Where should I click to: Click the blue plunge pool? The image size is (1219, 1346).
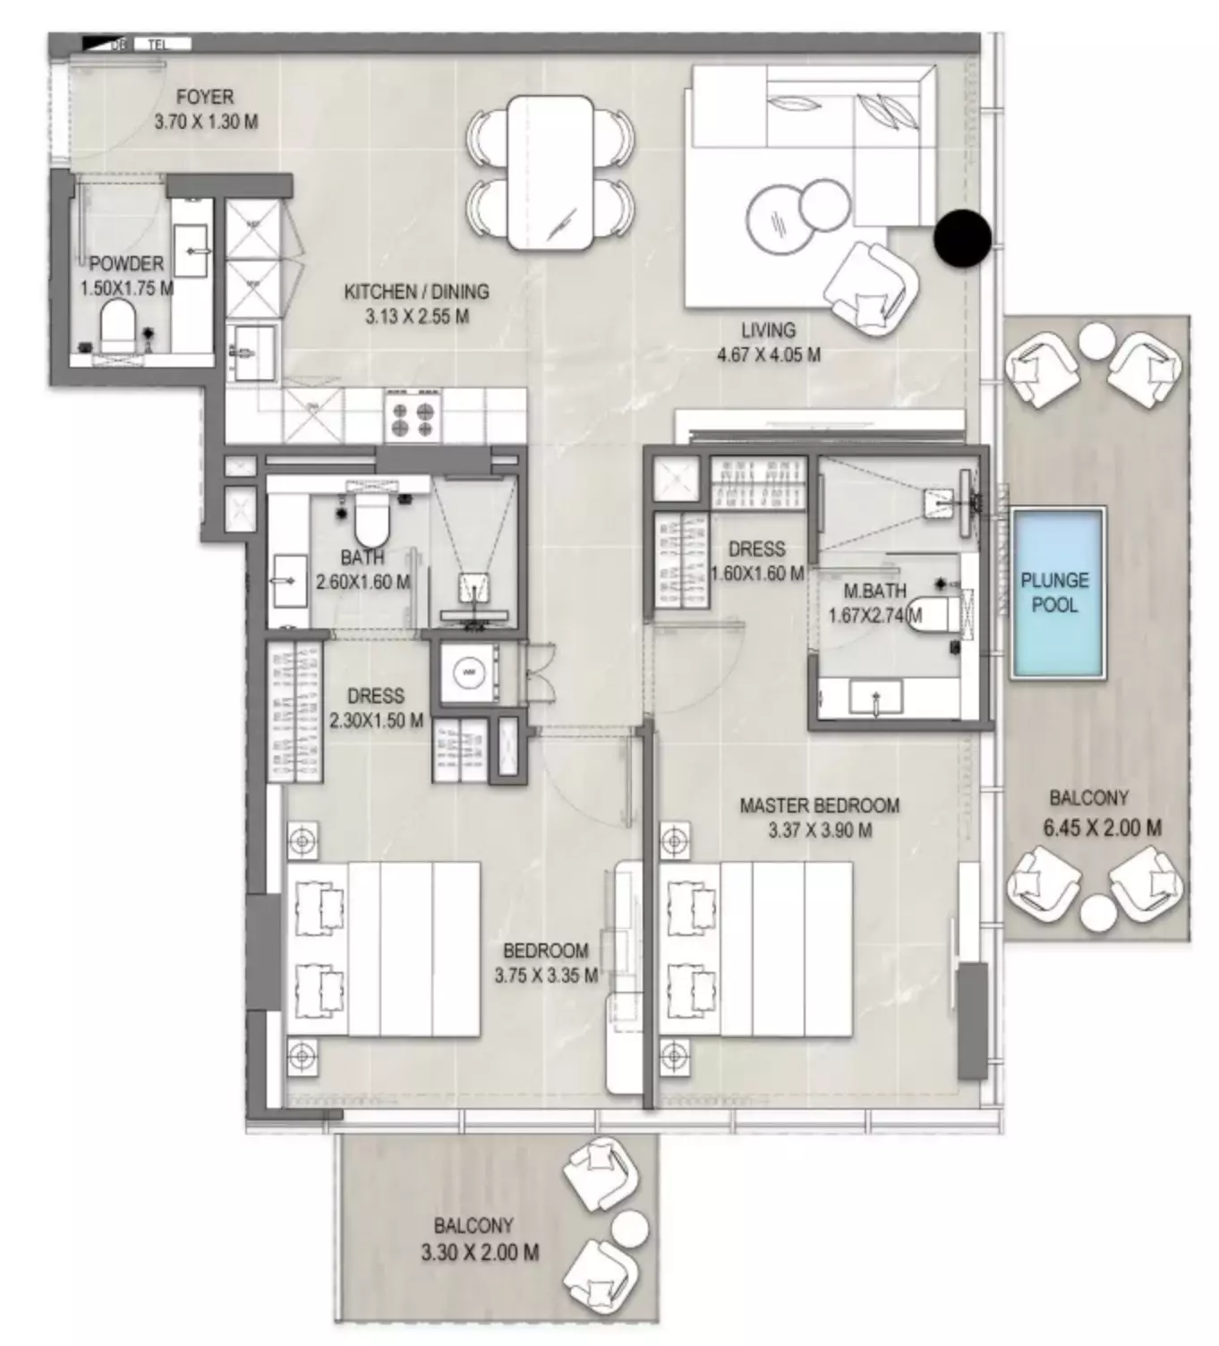[x=1057, y=592]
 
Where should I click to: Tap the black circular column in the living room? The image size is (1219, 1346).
[x=962, y=238]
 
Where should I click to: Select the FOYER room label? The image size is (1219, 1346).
[x=205, y=97]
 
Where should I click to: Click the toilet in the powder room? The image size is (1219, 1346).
[x=117, y=325]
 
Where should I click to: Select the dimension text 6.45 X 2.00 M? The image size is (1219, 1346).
[x=1102, y=828]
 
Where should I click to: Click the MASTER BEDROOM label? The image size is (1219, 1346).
[x=819, y=805]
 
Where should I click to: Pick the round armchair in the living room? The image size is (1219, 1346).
[x=869, y=288]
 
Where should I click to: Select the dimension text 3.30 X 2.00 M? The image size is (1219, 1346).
[x=480, y=1253]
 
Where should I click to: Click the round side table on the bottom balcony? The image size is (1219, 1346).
[x=631, y=1228]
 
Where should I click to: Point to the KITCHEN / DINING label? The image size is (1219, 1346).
[x=416, y=292]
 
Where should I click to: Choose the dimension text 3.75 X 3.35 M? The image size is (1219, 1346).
[x=546, y=975]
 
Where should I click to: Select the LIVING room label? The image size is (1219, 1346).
[x=768, y=330]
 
